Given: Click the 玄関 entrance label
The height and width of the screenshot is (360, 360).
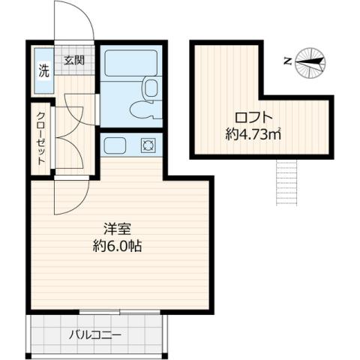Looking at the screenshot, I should pyautogui.click(x=74, y=60).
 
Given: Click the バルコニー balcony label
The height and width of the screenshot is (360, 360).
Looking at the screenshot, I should pyautogui.click(x=95, y=334).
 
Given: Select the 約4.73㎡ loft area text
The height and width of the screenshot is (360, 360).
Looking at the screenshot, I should pyautogui.click(x=253, y=135).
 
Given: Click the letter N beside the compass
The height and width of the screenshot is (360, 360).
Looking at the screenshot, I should pyautogui.click(x=288, y=62).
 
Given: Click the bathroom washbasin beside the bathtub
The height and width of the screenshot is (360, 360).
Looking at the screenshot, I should pyautogui.click(x=151, y=88).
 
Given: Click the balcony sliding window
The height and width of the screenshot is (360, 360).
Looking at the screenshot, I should pyautogui.click(x=120, y=311).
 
